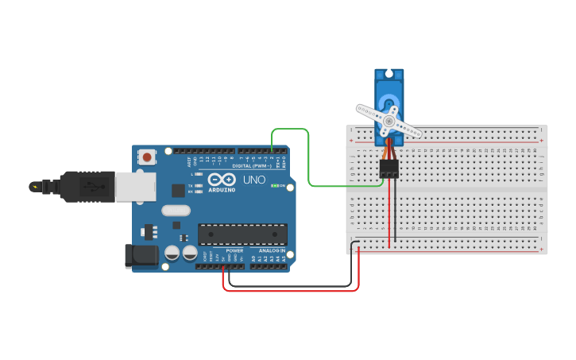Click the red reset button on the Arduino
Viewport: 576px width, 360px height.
[147, 157]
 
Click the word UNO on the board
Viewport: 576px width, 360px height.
[253, 180]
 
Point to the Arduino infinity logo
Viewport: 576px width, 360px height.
[222, 180]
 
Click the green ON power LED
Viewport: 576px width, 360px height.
[275, 186]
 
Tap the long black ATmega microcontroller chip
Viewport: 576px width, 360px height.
[242, 234]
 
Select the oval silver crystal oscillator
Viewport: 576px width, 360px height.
[176, 211]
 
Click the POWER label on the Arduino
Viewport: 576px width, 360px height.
[224, 250]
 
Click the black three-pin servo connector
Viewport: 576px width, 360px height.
[389, 168]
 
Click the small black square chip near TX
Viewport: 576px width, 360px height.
[179, 191]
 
